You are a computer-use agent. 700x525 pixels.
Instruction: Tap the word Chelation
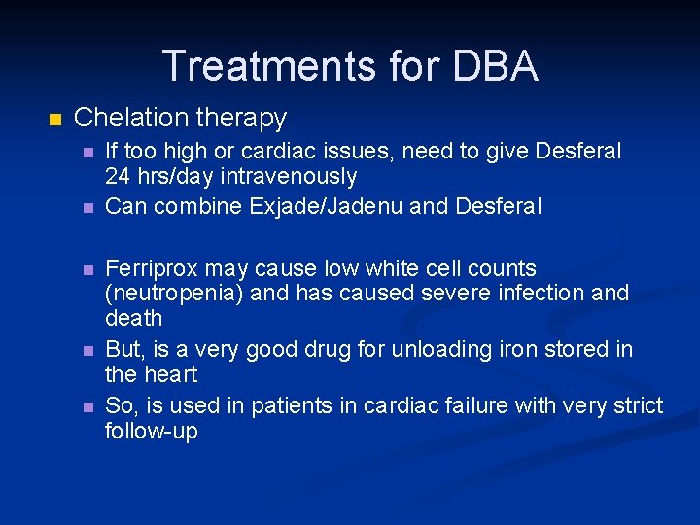point(131,118)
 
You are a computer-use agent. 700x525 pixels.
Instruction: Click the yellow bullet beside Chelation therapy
point(54,120)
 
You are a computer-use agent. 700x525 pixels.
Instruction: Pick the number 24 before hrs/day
point(118,177)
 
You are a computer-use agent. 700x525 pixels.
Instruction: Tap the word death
point(133,318)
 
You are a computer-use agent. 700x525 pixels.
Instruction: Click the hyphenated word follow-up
point(151,431)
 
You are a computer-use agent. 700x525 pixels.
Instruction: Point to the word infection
point(540,293)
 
